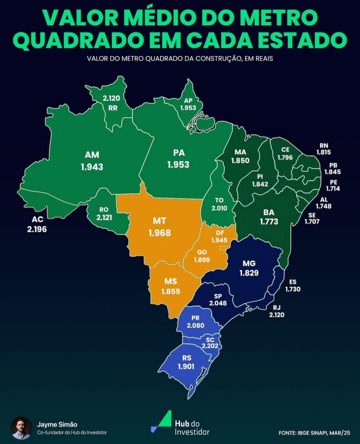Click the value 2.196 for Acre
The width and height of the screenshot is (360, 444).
tap(37, 229)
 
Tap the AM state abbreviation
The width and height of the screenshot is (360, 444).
tap(92, 155)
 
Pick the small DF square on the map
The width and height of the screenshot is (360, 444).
tap(223, 248)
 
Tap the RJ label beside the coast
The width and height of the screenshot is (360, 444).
tap(276, 307)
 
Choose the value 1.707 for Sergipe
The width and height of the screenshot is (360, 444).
tap(312, 222)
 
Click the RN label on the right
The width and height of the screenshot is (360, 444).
tap(323, 145)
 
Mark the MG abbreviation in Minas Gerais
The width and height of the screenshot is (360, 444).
tap(249, 264)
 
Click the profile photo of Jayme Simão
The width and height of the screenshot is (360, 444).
tap(21, 428)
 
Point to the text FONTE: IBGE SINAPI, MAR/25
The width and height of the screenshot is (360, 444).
tap(314, 432)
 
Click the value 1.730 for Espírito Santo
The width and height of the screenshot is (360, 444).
tap(293, 289)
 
